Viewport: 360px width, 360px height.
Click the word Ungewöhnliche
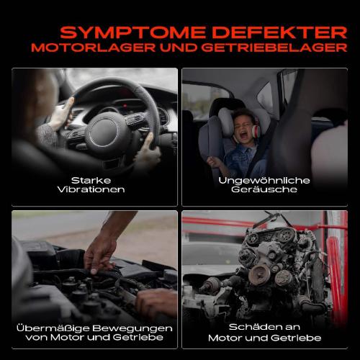[x=264, y=180]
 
